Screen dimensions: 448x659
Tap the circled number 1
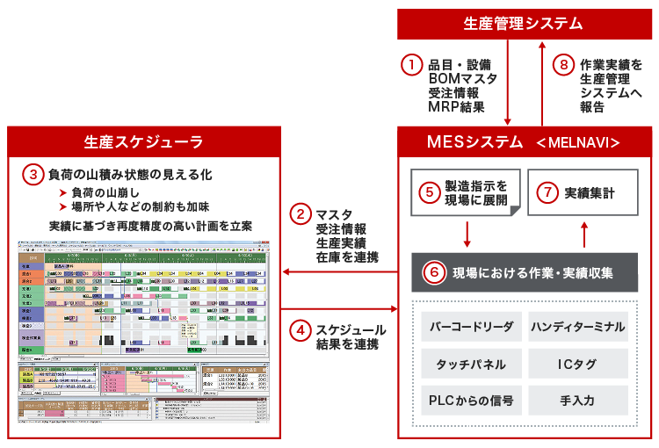pos(410,64)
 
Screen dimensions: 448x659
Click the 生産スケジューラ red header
pos(144,141)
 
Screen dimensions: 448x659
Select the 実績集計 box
pos(582,191)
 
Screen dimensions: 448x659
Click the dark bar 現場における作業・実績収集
pos(525,272)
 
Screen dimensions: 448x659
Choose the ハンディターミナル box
pos(577,327)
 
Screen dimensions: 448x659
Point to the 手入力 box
pos(577,401)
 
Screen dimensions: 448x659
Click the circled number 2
pos(301,213)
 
